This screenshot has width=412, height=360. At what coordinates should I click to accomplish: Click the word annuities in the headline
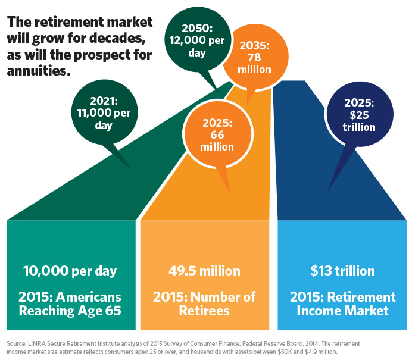39,71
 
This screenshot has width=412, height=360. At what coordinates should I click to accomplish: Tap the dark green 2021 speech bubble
104,113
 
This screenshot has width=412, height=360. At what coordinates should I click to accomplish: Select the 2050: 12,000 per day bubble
198,40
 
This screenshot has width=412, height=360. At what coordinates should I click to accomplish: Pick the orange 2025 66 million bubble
218,134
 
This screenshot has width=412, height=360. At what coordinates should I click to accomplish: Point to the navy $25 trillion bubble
360,114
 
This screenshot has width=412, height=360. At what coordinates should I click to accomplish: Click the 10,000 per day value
70,271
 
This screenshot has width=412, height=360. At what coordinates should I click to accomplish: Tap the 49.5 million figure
204,271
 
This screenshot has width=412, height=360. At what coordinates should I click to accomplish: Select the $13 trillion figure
342,271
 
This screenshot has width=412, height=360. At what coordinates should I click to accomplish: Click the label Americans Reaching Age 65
70,304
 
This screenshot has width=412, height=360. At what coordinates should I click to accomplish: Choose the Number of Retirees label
204,304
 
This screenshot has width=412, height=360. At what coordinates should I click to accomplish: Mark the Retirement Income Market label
342,304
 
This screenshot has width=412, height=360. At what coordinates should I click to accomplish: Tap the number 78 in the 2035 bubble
254,58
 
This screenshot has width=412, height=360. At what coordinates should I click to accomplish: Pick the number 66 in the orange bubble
217,134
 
